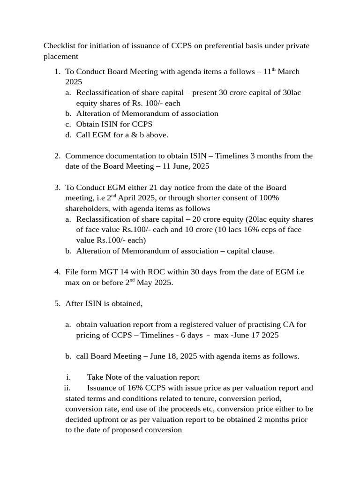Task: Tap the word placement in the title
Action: coord(60,57)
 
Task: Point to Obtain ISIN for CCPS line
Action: coord(114,124)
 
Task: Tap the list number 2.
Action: coord(57,156)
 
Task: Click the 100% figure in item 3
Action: coord(270,198)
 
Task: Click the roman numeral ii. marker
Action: coord(67,388)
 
